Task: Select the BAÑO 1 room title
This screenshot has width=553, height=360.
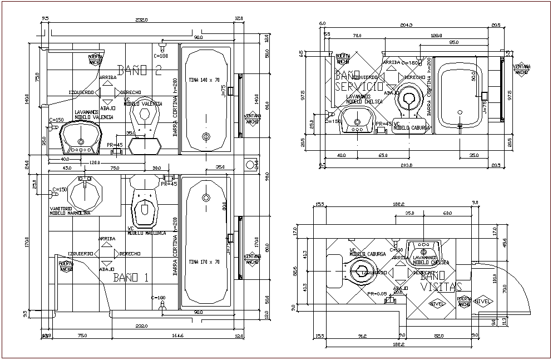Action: click(x=130, y=278)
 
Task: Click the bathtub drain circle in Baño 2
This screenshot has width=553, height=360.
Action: click(x=206, y=136)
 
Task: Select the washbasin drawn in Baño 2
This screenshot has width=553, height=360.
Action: click(x=81, y=137)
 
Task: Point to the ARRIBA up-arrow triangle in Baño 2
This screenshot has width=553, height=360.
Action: click(x=107, y=85)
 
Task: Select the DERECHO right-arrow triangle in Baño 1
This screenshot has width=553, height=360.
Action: click(x=117, y=254)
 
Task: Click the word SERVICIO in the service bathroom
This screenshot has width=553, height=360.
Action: click(x=359, y=86)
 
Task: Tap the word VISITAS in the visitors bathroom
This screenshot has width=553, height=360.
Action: click(x=442, y=287)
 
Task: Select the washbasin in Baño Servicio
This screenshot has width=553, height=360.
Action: click(x=357, y=120)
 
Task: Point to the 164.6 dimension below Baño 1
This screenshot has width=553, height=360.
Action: click(x=177, y=335)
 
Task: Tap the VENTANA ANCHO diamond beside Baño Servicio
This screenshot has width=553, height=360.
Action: click(x=521, y=69)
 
